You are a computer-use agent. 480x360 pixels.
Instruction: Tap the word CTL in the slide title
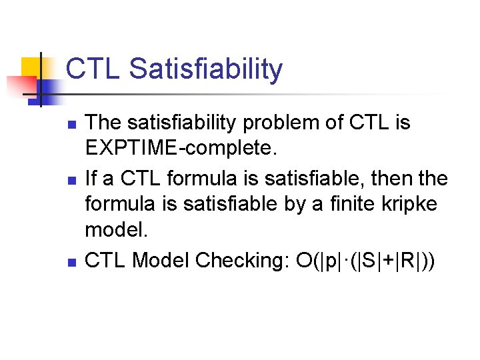click(93, 69)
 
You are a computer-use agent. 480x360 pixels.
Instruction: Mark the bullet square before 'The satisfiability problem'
click(73, 125)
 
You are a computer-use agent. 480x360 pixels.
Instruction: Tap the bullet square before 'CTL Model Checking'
click(73, 262)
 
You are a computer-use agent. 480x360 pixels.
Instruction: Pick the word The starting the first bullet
click(104, 123)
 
